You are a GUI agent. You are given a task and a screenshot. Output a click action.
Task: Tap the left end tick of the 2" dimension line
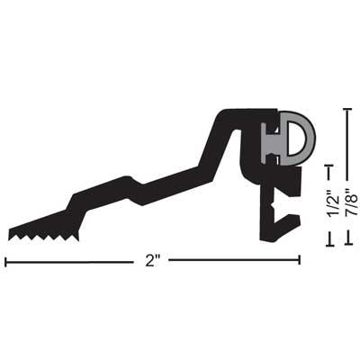[6, 262]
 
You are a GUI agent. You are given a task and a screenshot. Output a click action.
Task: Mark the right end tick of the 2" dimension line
[299, 262]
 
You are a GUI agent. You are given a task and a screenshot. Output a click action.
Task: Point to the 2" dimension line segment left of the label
[72, 262]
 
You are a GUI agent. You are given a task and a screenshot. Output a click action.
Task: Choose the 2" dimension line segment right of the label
[234, 262]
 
